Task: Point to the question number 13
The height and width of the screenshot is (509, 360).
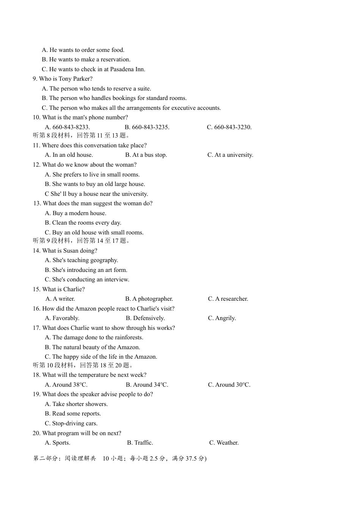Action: pos(37,203)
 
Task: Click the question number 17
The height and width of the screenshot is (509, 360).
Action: pos(36,328)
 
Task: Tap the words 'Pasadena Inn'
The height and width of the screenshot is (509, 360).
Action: pos(128,69)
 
